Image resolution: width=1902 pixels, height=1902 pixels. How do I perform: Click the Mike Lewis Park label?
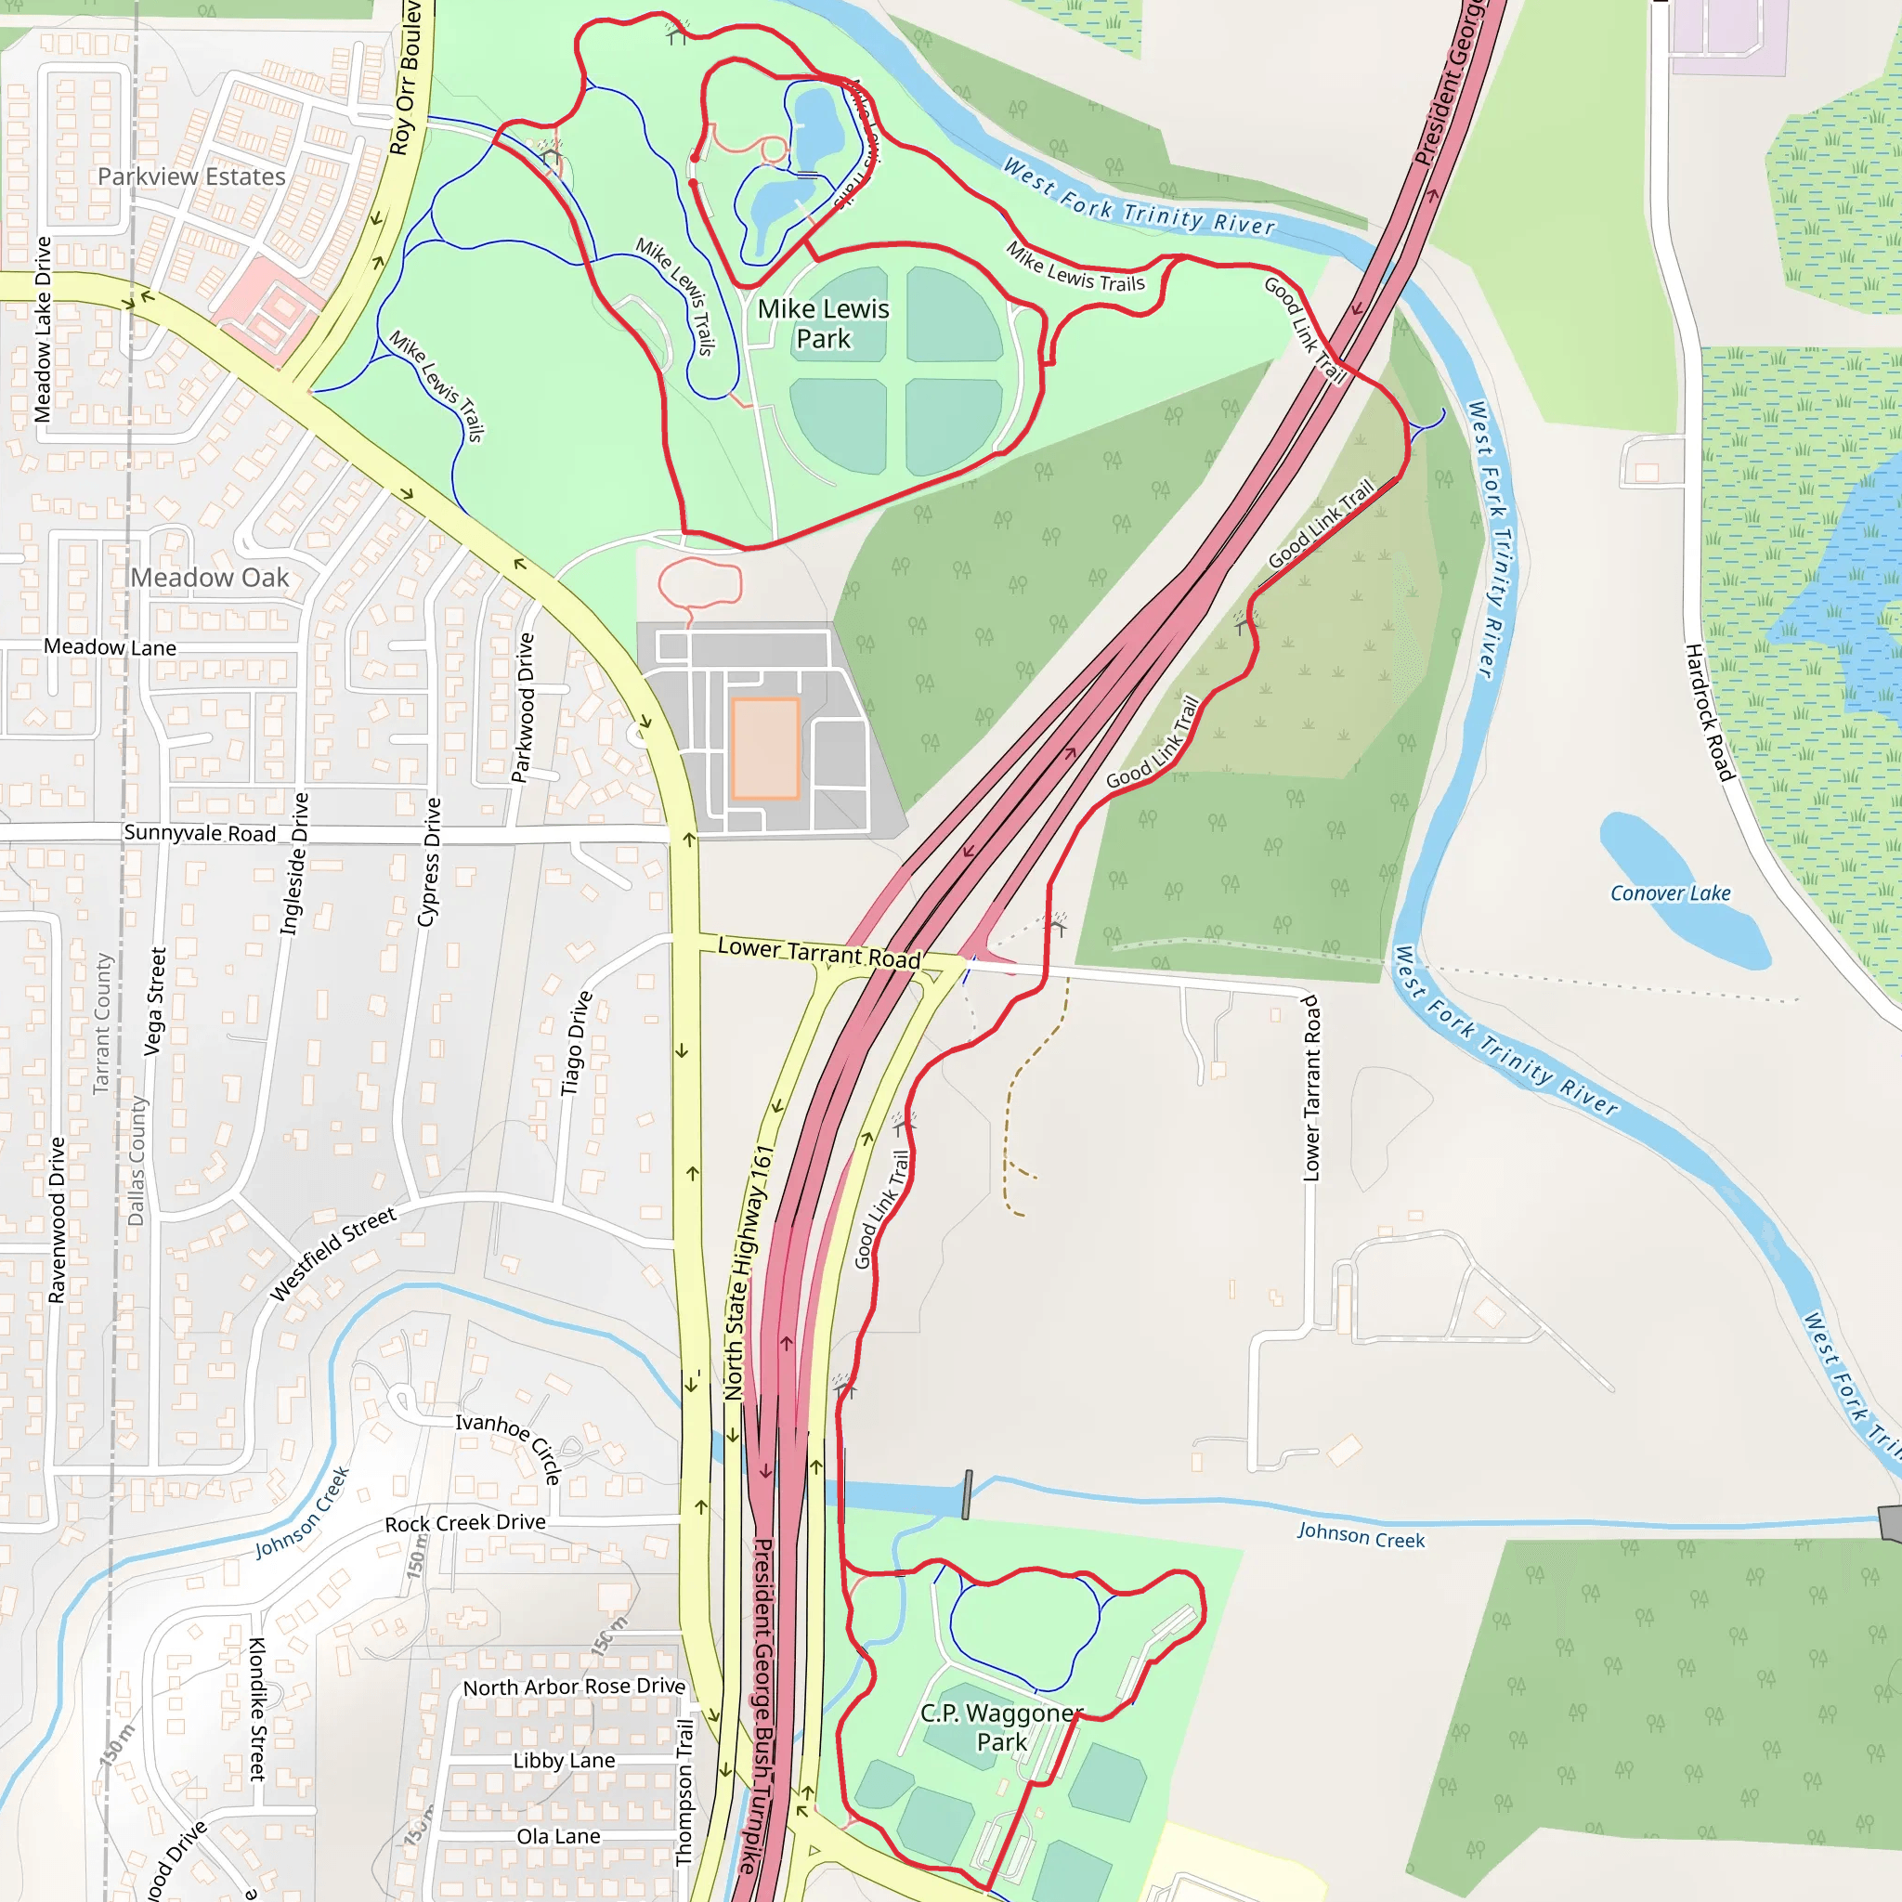[x=823, y=324]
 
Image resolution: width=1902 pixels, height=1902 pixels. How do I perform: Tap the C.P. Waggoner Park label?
[x=1001, y=1726]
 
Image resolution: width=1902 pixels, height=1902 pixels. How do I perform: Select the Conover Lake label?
[x=1670, y=892]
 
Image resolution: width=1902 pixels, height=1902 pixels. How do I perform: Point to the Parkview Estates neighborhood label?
[x=191, y=176]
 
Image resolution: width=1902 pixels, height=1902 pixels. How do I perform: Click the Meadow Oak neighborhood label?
[x=210, y=577]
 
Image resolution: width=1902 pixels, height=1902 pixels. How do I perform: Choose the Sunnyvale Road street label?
[x=200, y=833]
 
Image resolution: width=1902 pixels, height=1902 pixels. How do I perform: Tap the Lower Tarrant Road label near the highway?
[x=819, y=952]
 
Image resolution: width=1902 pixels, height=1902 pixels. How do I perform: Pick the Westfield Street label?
[x=332, y=1253]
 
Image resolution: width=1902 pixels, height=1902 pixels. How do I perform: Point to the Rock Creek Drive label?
[x=464, y=1523]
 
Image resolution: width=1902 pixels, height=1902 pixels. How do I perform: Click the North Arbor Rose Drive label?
[x=574, y=1687]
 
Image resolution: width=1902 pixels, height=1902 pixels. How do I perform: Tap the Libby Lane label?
[x=564, y=1761]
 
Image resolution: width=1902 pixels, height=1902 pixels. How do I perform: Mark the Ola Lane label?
[x=558, y=1836]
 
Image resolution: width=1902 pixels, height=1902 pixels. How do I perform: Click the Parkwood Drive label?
[x=524, y=707]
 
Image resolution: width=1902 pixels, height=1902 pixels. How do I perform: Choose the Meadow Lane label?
[x=111, y=646]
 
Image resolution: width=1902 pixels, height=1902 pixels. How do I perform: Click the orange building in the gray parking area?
[x=765, y=749]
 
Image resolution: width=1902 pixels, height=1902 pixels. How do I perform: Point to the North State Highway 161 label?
[x=749, y=1272]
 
